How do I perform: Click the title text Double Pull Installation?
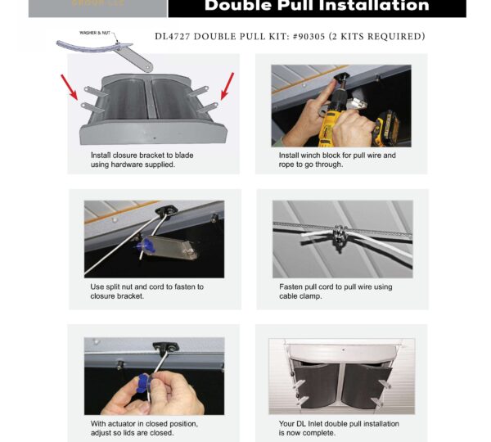316,7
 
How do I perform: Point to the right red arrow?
227,84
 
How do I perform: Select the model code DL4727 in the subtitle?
177,37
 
